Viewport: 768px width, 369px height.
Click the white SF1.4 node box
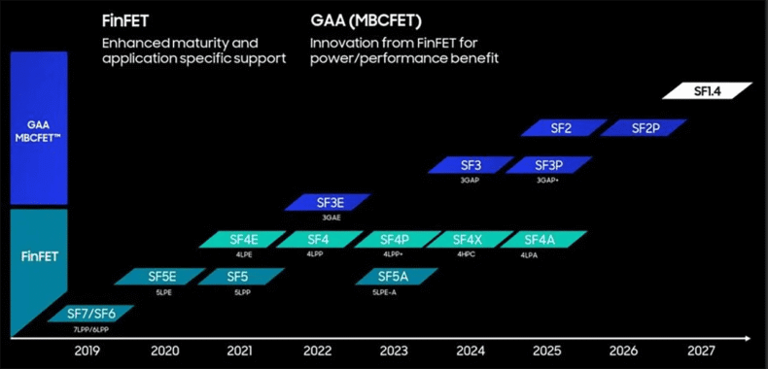707,91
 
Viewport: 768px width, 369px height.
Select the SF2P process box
644,128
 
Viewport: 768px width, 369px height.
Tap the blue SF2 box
561,128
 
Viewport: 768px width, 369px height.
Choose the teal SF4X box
468,239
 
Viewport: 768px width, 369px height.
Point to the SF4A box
540,239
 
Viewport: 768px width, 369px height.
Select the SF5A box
395,276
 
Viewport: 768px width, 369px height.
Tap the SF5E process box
162,276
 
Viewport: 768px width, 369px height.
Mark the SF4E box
243,239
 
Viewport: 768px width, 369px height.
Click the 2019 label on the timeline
87,352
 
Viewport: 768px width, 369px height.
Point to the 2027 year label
700,352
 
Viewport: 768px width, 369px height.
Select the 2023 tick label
393,352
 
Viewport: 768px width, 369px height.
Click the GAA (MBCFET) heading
359,19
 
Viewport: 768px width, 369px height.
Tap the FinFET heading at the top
131,19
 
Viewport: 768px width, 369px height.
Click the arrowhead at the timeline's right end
746,338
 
